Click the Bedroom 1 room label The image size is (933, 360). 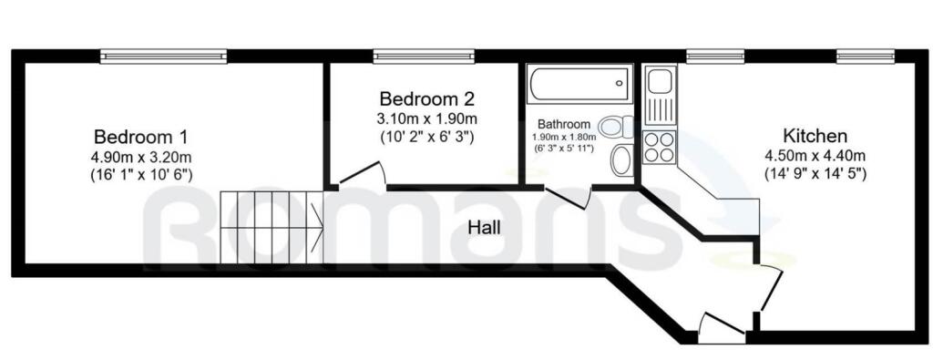coord(141,137)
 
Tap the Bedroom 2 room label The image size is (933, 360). coord(426,98)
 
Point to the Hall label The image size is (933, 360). coord(484,227)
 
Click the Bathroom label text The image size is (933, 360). coord(564,124)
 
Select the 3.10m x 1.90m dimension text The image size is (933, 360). coord(426,118)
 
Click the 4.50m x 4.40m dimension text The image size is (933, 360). coord(815,156)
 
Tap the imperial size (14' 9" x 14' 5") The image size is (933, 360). coord(815,174)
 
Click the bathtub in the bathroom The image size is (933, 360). coord(579,84)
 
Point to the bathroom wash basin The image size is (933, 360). coord(622,159)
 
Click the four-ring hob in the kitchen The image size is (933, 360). coord(660,147)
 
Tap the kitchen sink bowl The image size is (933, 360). coord(660,81)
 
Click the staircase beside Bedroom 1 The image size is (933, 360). coord(272,227)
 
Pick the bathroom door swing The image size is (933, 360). coord(568,198)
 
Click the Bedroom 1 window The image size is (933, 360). coord(164,57)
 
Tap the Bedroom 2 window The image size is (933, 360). coord(425,57)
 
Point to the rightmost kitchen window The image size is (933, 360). coord(866,57)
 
